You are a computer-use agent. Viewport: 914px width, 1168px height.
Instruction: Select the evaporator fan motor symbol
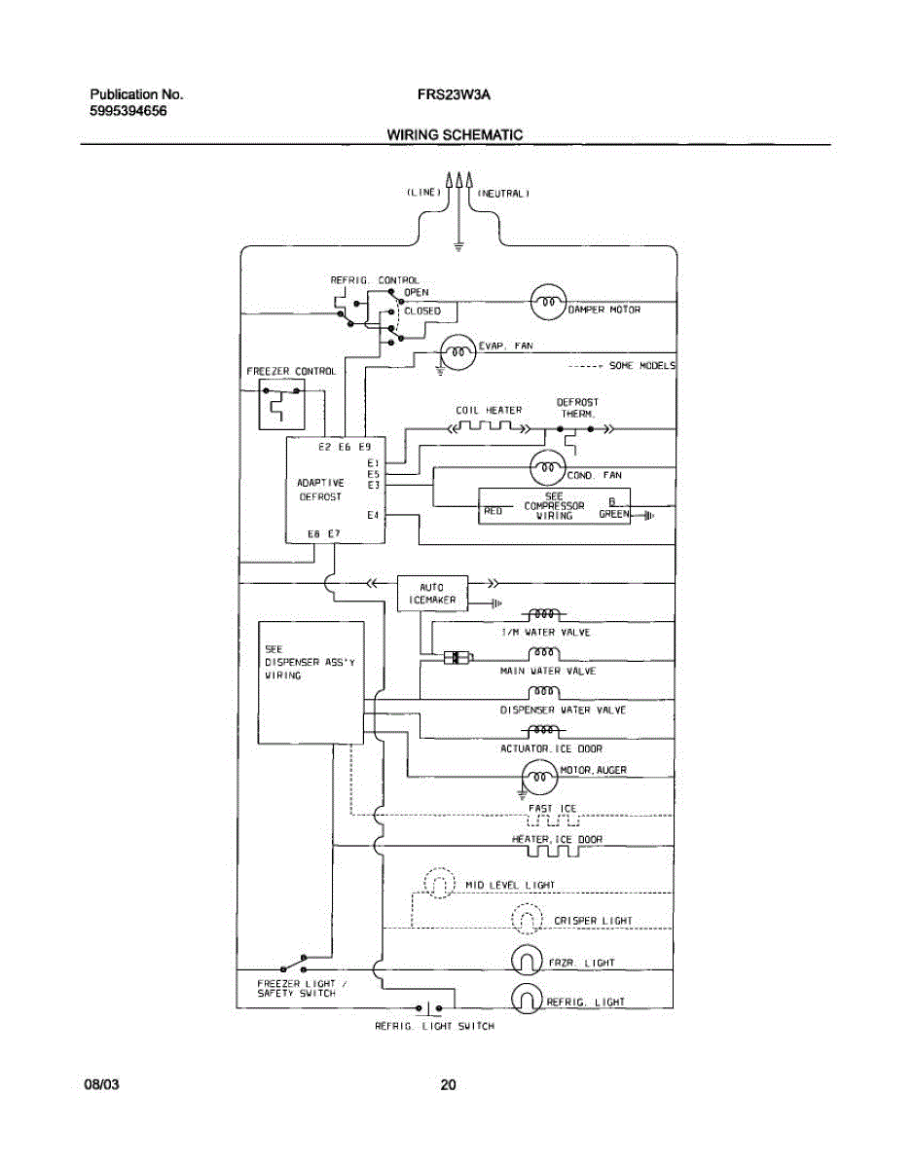[x=457, y=351]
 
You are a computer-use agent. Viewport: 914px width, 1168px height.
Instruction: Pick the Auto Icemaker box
[x=432, y=594]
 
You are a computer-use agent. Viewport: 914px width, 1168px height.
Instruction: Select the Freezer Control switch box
[x=280, y=404]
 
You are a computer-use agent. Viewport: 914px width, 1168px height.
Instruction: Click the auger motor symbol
[x=538, y=776]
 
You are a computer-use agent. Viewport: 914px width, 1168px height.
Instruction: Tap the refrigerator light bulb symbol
[x=526, y=1000]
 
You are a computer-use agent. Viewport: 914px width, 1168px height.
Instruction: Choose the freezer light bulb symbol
[x=526, y=962]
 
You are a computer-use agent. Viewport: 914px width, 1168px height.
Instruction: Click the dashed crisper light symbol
[x=526, y=920]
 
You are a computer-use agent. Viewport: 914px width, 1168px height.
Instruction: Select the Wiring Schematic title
[x=455, y=135]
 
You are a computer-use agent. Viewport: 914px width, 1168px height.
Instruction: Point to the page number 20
[x=448, y=1085]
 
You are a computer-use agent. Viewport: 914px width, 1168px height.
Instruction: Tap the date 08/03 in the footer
[x=101, y=1085]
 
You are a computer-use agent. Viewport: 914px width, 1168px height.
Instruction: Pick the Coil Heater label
[x=489, y=410]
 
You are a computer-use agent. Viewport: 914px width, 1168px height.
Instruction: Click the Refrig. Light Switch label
[x=434, y=1026]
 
